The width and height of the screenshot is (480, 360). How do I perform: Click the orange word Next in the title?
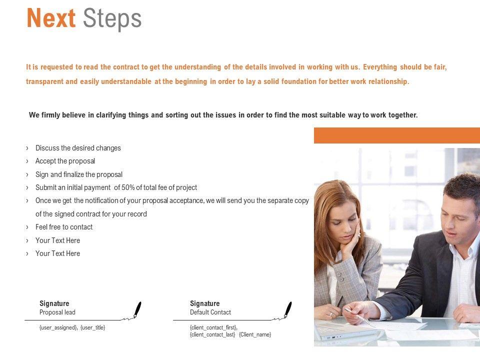point(51,18)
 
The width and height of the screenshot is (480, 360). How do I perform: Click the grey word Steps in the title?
point(112,19)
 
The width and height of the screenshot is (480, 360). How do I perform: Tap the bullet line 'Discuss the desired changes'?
point(78,148)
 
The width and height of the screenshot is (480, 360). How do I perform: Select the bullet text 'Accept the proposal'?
point(65,161)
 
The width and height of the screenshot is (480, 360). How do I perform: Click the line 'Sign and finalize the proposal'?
point(79,174)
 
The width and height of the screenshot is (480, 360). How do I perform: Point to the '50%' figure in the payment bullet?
point(128,187)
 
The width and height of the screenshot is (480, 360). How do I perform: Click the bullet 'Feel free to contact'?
point(64,227)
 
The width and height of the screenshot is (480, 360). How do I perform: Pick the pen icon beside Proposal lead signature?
point(137,310)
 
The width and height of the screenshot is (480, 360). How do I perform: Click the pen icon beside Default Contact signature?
point(288,310)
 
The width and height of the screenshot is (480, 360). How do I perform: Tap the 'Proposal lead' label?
point(57,312)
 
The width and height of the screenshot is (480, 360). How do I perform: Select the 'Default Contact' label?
point(210,312)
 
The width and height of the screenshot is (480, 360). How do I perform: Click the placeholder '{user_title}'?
point(93,327)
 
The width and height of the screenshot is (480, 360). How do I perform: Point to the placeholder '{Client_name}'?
point(255,334)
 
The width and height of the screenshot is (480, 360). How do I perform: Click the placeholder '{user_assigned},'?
point(58,327)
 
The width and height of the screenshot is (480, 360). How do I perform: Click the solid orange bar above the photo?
point(397,135)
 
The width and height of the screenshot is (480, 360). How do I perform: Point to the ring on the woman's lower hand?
point(331,314)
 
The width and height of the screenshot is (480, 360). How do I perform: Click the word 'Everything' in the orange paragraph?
point(380,67)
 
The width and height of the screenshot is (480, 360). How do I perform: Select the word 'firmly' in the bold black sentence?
point(51,115)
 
